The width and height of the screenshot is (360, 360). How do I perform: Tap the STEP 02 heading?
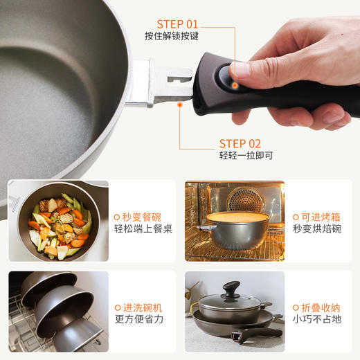click(241, 143)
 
